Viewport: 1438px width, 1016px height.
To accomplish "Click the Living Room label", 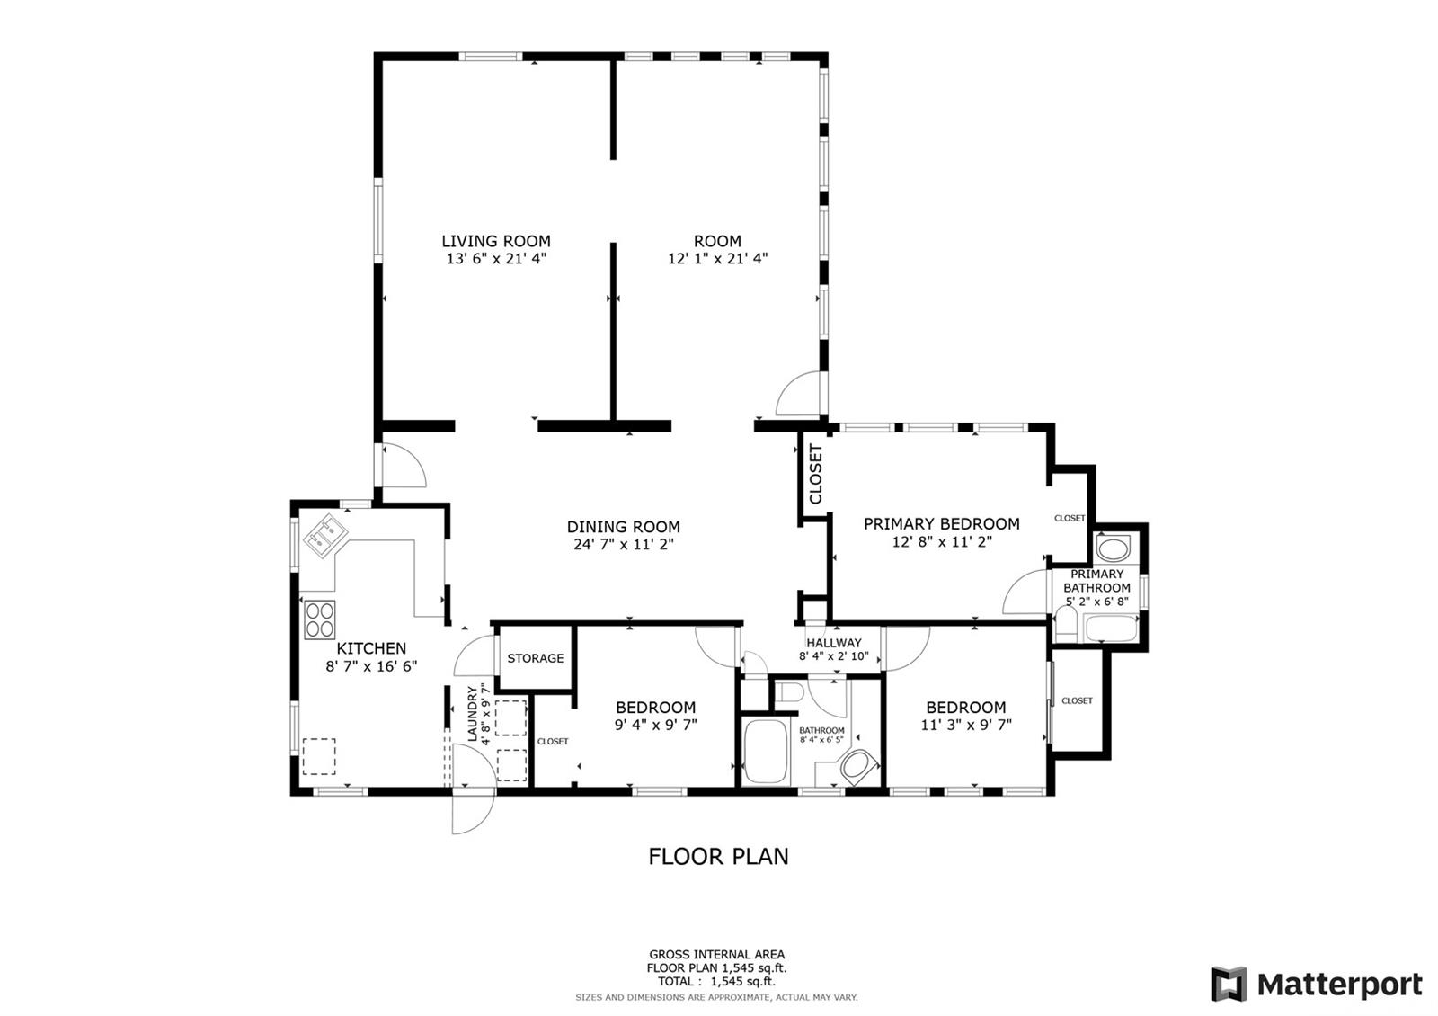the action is pyautogui.click(x=495, y=241).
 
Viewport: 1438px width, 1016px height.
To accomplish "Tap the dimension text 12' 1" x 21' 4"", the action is pyautogui.click(x=717, y=258).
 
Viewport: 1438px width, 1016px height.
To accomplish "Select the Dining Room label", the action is pyautogui.click(x=624, y=527).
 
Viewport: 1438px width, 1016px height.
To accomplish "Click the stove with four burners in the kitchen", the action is pyautogui.click(x=320, y=619).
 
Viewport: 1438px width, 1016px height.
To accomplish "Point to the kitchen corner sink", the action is pyautogui.click(x=325, y=534).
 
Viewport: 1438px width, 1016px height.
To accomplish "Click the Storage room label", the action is pyautogui.click(x=536, y=658).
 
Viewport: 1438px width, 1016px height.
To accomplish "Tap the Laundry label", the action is pyautogui.click(x=473, y=714).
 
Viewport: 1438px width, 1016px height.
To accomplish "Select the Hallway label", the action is pyautogui.click(x=834, y=642).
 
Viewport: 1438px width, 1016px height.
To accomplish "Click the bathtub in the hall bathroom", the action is pyautogui.click(x=766, y=751).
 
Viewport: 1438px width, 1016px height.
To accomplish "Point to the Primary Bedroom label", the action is pyautogui.click(x=941, y=524).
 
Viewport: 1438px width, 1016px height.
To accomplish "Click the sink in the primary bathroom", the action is pyautogui.click(x=1113, y=549).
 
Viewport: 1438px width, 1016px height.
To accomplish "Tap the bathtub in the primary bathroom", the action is pyautogui.click(x=1111, y=628).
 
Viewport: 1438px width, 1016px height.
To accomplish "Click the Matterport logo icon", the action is pyautogui.click(x=1229, y=984).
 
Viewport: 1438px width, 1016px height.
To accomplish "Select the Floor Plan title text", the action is pyautogui.click(x=718, y=856).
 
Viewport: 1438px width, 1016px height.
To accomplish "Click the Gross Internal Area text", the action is pyautogui.click(x=716, y=954).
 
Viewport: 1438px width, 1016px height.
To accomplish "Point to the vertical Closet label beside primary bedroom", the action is pyautogui.click(x=815, y=474).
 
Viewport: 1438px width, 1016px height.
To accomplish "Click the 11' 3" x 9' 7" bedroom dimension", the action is pyautogui.click(x=965, y=725).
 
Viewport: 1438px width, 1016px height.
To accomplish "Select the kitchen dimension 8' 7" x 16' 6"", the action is pyautogui.click(x=371, y=666).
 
